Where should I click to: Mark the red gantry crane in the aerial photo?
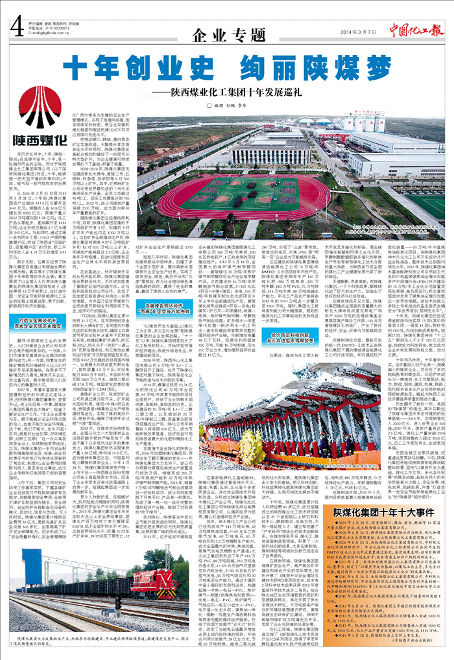coord(337,133)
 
